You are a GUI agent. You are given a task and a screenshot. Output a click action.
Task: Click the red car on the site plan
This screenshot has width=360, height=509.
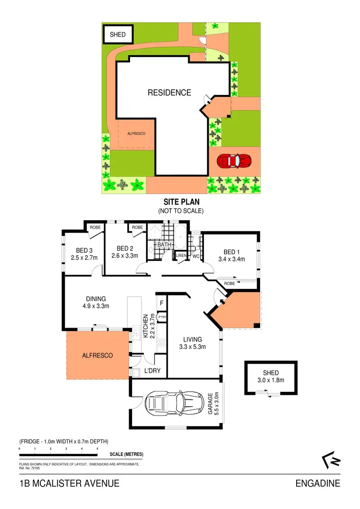pyautogui.click(x=234, y=161)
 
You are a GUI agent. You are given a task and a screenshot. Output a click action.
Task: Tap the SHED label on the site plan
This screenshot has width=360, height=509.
pyautogui.click(x=118, y=35)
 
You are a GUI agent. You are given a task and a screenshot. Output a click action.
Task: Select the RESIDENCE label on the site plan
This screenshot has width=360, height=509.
pyautogui.click(x=169, y=93)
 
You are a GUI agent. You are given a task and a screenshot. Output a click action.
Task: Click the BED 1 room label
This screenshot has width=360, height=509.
pyautogui.click(x=230, y=252)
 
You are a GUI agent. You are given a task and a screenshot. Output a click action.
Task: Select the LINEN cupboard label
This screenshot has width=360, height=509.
pyautogui.click(x=181, y=256)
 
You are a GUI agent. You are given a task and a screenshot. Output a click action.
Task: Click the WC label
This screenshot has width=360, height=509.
pyautogui.click(x=196, y=256)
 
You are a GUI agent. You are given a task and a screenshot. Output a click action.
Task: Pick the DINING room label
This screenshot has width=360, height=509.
pyautogui.click(x=96, y=298)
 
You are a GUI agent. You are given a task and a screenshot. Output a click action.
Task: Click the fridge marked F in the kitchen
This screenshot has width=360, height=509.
pyautogui.click(x=162, y=303)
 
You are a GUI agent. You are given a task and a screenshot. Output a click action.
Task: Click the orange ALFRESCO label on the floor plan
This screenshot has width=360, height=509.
pyautogui.click(x=97, y=355)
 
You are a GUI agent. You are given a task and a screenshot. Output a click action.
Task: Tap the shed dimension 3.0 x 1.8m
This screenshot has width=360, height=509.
pyautogui.click(x=270, y=380)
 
